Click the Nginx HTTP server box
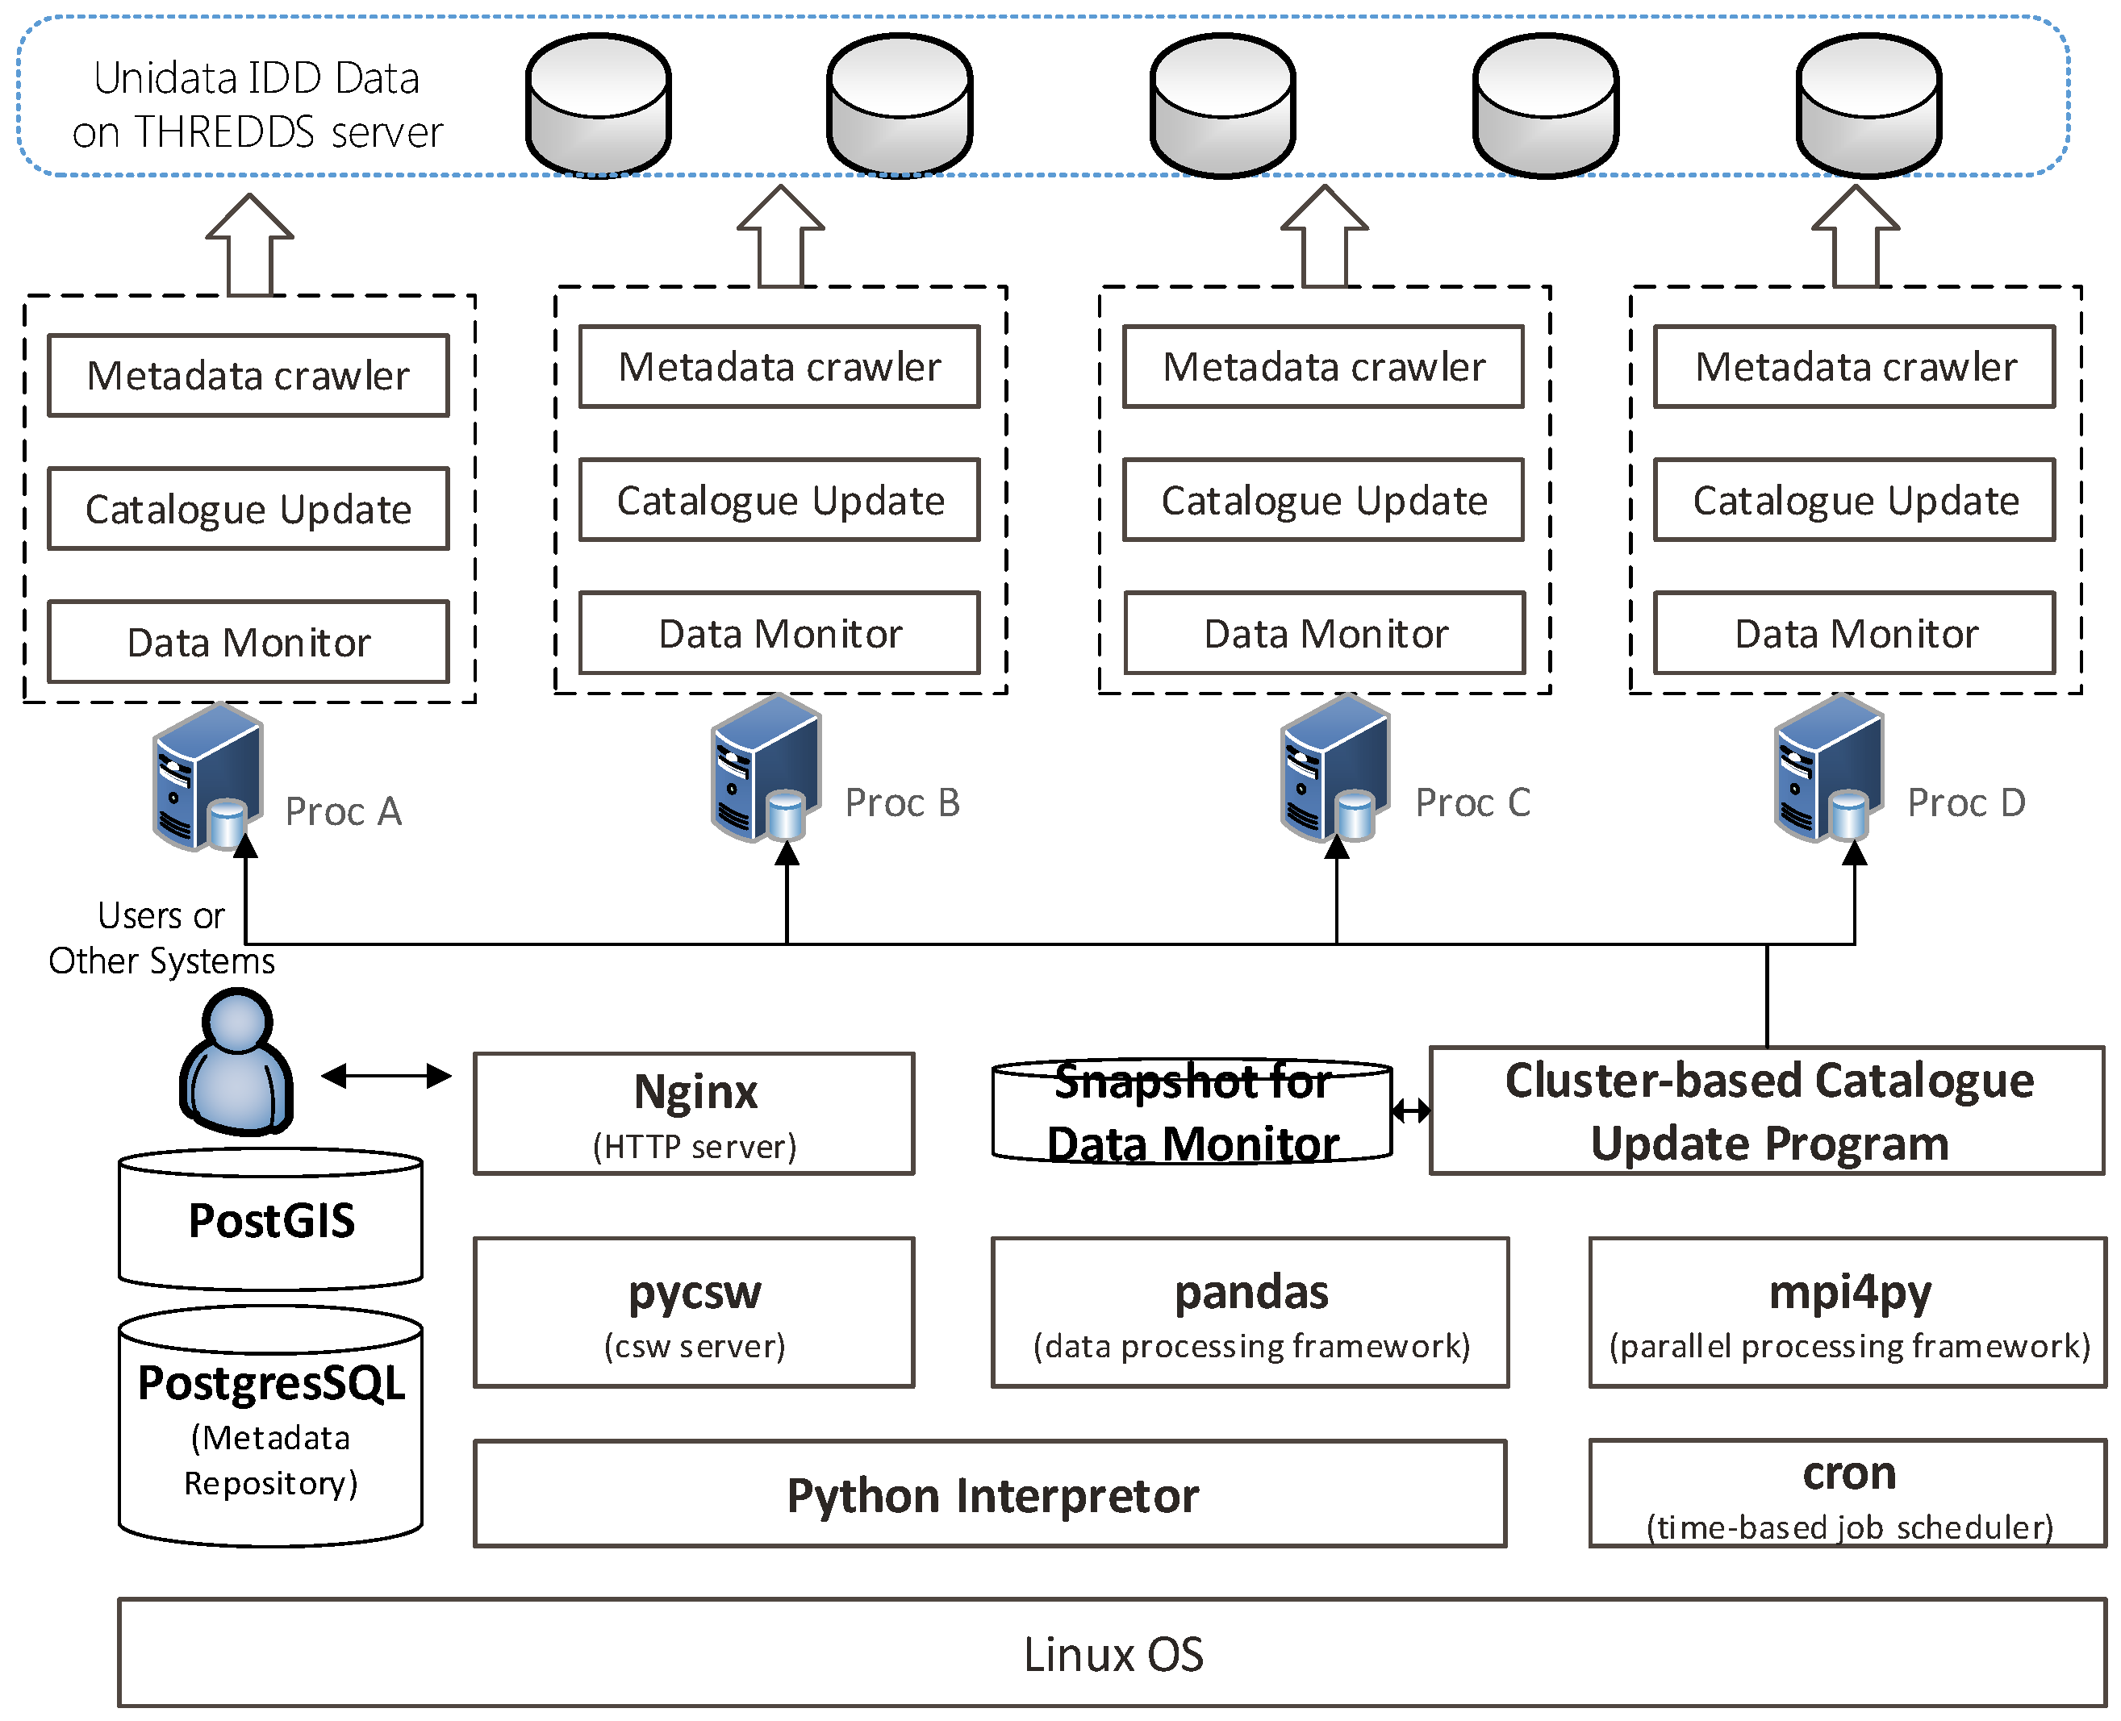pyautogui.click(x=693, y=1113)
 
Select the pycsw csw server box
pyautogui.click(x=693, y=1311)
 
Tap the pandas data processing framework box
pyautogui.click(x=1250, y=1311)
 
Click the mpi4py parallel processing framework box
pyautogui.click(x=1847, y=1311)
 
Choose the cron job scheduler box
pyautogui.click(x=1847, y=1492)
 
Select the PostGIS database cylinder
pyautogui.click(x=271, y=1219)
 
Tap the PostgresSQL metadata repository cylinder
pyautogui.click(x=271, y=1427)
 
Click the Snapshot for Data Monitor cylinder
pyautogui.click(x=1191, y=1112)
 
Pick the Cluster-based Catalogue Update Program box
pyautogui.click(x=1767, y=1111)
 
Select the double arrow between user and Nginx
pyautogui.click(x=386, y=1076)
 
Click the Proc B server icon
pyautogui.click(x=766, y=769)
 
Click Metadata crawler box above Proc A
pyautogui.click(x=248, y=376)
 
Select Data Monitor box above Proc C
pyautogui.click(x=1324, y=633)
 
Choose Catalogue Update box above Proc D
pyautogui.click(x=1854, y=501)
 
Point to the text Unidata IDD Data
pyautogui.click(x=256, y=78)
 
